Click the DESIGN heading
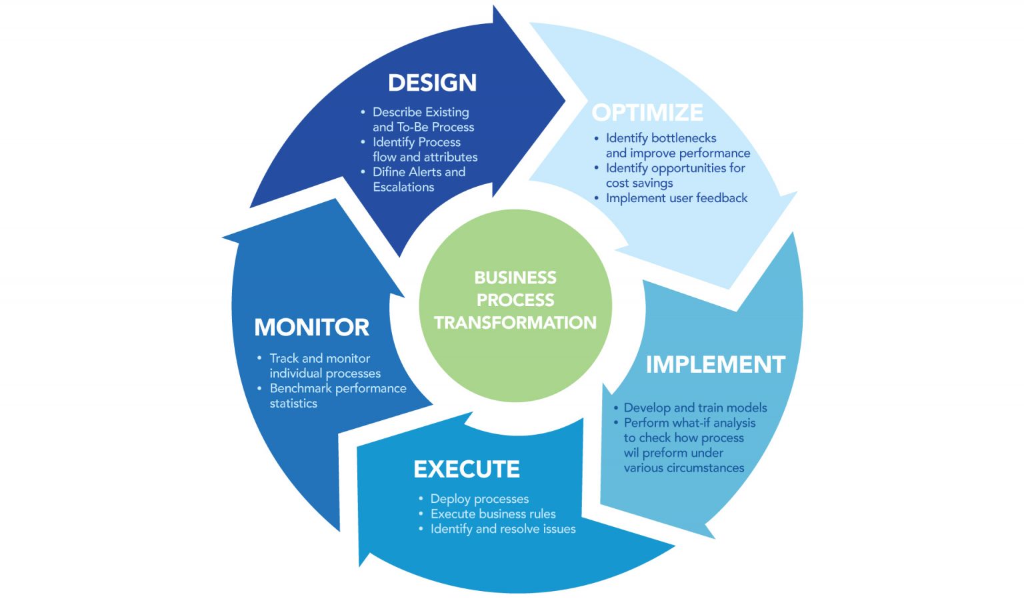(x=433, y=83)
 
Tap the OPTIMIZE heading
(x=647, y=112)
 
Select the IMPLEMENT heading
(x=715, y=364)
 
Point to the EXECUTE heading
(x=467, y=469)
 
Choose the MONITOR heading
(x=311, y=327)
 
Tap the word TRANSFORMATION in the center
(x=515, y=323)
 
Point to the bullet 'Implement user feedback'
(x=676, y=198)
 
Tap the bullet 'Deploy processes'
(x=479, y=499)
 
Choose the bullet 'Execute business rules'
(x=493, y=514)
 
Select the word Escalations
(x=403, y=187)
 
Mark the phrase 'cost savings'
(x=639, y=183)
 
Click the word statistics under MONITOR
(x=293, y=404)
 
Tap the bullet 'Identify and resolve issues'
(x=503, y=529)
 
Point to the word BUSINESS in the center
(x=515, y=277)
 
